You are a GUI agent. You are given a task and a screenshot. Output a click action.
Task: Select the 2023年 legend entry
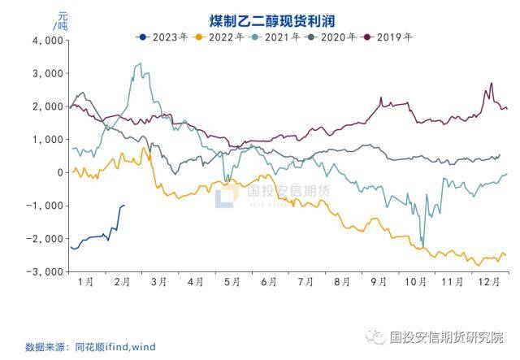click(166, 37)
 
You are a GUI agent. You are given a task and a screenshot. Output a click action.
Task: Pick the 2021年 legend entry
click(277, 37)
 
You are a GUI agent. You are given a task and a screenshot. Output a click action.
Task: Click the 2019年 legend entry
click(388, 37)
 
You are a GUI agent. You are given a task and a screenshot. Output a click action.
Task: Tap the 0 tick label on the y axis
click(58, 172)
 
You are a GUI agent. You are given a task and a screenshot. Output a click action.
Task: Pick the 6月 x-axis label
click(269, 281)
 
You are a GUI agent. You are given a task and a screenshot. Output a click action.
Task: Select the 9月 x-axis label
click(379, 281)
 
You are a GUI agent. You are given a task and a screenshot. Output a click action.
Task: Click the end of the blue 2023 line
click(123, 206)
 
